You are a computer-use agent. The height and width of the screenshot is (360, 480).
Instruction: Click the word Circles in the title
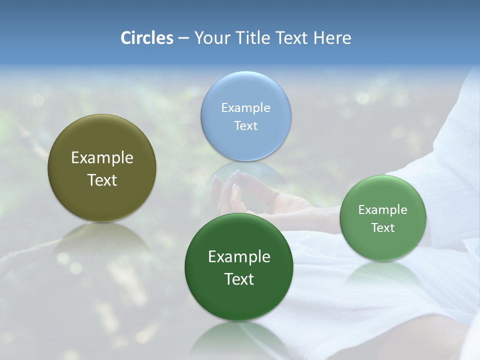coord(146,38)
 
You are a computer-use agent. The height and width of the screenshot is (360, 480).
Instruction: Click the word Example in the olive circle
coord(102,158)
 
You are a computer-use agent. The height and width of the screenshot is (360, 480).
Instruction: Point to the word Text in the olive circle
coord(102,180)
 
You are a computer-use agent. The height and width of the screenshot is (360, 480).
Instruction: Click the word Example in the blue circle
coord(245,107)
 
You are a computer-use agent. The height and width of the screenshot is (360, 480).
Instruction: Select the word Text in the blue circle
coord(245,125)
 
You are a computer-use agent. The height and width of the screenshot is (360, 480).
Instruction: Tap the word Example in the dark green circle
coord(239,257)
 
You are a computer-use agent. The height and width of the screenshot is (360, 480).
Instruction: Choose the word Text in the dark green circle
coord(239,279)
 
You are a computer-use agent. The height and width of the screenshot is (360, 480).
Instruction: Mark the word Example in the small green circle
coord(383,209)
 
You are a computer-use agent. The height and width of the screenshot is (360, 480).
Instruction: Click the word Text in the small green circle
coord(383,227)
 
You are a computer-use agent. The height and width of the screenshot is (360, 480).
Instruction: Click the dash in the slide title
coord(183,38)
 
